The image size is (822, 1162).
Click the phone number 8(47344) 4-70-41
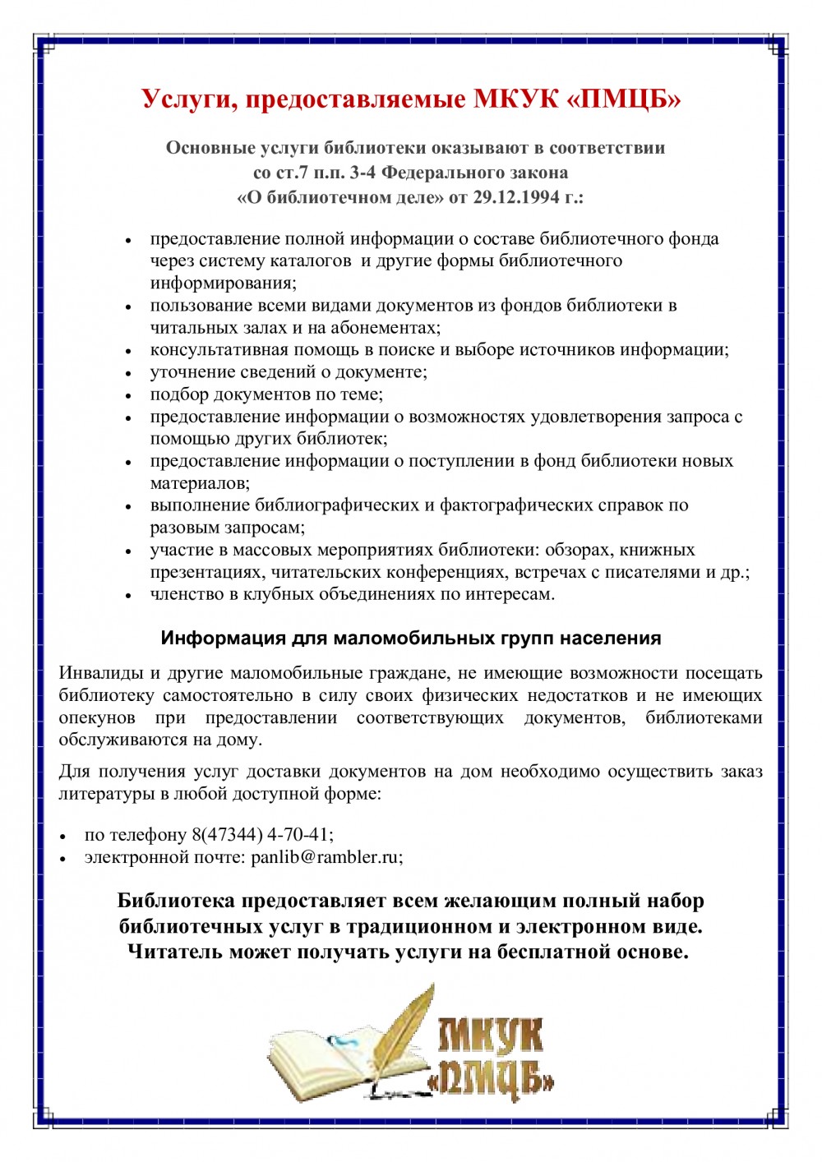click(262, 835)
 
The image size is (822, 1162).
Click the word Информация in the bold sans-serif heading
click(210, 639)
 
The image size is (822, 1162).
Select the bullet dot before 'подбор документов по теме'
click(128, 395)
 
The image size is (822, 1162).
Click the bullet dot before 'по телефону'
click(62, 836)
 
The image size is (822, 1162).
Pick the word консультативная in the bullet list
click(211, 349)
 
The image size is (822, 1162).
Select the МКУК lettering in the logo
click(491, 1035)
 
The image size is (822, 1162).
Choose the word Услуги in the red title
click(188, 99)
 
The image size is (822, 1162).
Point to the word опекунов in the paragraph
click(97, 717)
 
